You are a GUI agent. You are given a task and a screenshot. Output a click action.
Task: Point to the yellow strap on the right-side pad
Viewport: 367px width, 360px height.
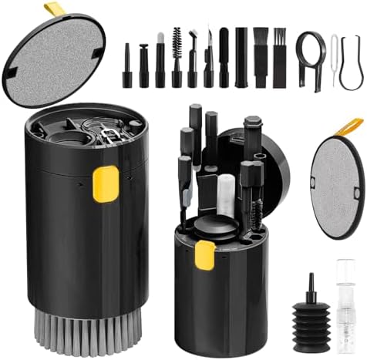click(352, 126)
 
